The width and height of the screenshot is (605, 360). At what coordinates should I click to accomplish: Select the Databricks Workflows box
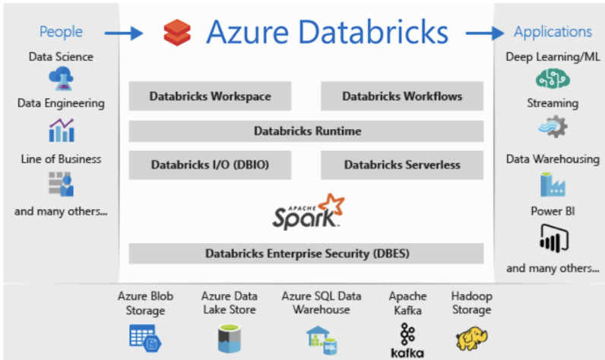(401, 96)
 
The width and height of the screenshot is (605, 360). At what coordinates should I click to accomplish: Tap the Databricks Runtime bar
(306, 131)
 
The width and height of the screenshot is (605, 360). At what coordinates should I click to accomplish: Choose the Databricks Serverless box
(401, 164)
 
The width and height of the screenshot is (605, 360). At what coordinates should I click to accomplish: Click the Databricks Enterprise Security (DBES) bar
(306, 253)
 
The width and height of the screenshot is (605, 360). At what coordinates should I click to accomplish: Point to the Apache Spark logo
(306, 212)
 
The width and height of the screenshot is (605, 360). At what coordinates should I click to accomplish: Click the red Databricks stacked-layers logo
(176, 33)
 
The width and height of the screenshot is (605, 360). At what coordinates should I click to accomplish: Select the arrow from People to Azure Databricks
(123, 33)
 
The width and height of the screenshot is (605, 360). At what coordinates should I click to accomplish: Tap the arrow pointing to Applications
(486, 33)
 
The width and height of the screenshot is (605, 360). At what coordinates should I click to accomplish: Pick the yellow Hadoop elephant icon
(471, 337)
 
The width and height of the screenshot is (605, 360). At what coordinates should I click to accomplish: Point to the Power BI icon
(554, 241)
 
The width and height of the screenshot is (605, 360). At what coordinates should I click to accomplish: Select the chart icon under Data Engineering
(61, 130)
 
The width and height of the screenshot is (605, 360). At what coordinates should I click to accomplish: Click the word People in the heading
(61, 32)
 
